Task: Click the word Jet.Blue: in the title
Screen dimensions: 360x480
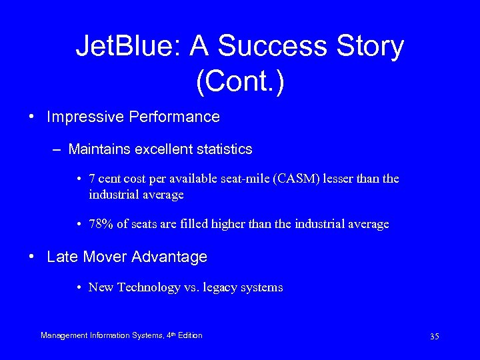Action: (x=127, y=47)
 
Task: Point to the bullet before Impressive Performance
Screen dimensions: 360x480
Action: (x=33, y=117)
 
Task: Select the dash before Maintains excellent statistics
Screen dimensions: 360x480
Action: (x=58, y=149)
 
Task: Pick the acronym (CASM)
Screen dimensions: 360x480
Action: (x=294, y=179)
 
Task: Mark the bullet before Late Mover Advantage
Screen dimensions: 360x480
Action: (x=33, y=257)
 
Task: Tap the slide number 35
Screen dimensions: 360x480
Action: (x=434, y=337)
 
